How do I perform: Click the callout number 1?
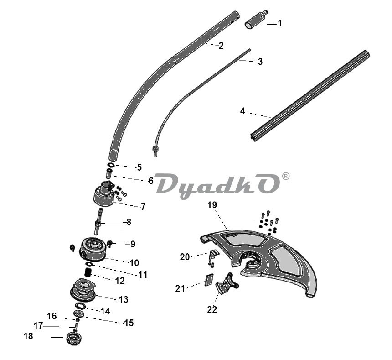coord(280,23)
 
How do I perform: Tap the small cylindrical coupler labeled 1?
coord(256,20)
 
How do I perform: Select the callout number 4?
coord(242,111)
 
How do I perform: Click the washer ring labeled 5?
coord(111,165)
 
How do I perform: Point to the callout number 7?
coord(143,207)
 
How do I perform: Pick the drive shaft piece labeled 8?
coord(98,221)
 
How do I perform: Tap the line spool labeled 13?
coord(83,290)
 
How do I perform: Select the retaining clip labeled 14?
coord(81,306)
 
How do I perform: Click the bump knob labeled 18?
coord(74,339)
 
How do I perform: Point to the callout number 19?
coord(212,205)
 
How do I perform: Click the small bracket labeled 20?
coord(213,254)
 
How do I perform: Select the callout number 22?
coord(212,309)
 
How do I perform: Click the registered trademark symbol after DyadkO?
coord(286,176)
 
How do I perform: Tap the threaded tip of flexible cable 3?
coord(155,151)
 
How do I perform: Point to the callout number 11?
coord(143,275)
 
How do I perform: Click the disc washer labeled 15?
coord(78,313)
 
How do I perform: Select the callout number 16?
coord(52,316)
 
